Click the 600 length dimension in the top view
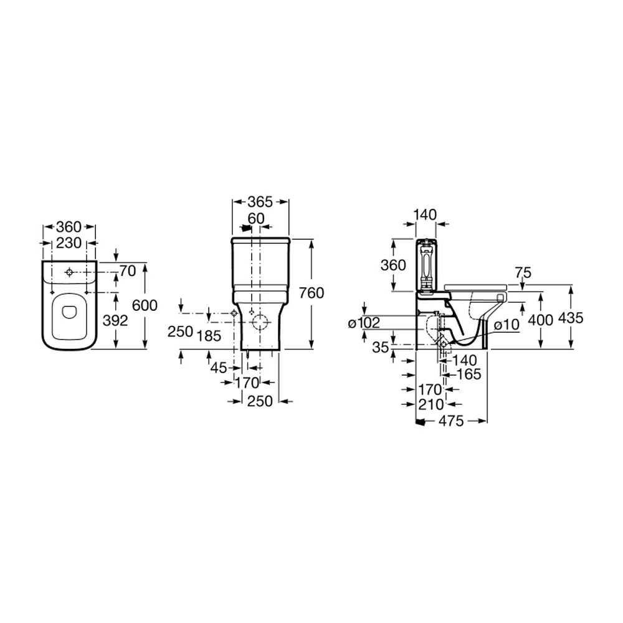pos(145,305)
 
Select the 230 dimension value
pos(69,242)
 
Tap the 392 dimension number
pos(115,320)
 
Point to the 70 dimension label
pos(128,271)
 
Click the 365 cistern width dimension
pos(260,202)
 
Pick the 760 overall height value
pos(311,293)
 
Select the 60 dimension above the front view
pos(256,218)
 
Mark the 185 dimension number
pos(209,336)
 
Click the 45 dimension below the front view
pos(219,368)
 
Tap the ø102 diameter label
pos(364,323)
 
